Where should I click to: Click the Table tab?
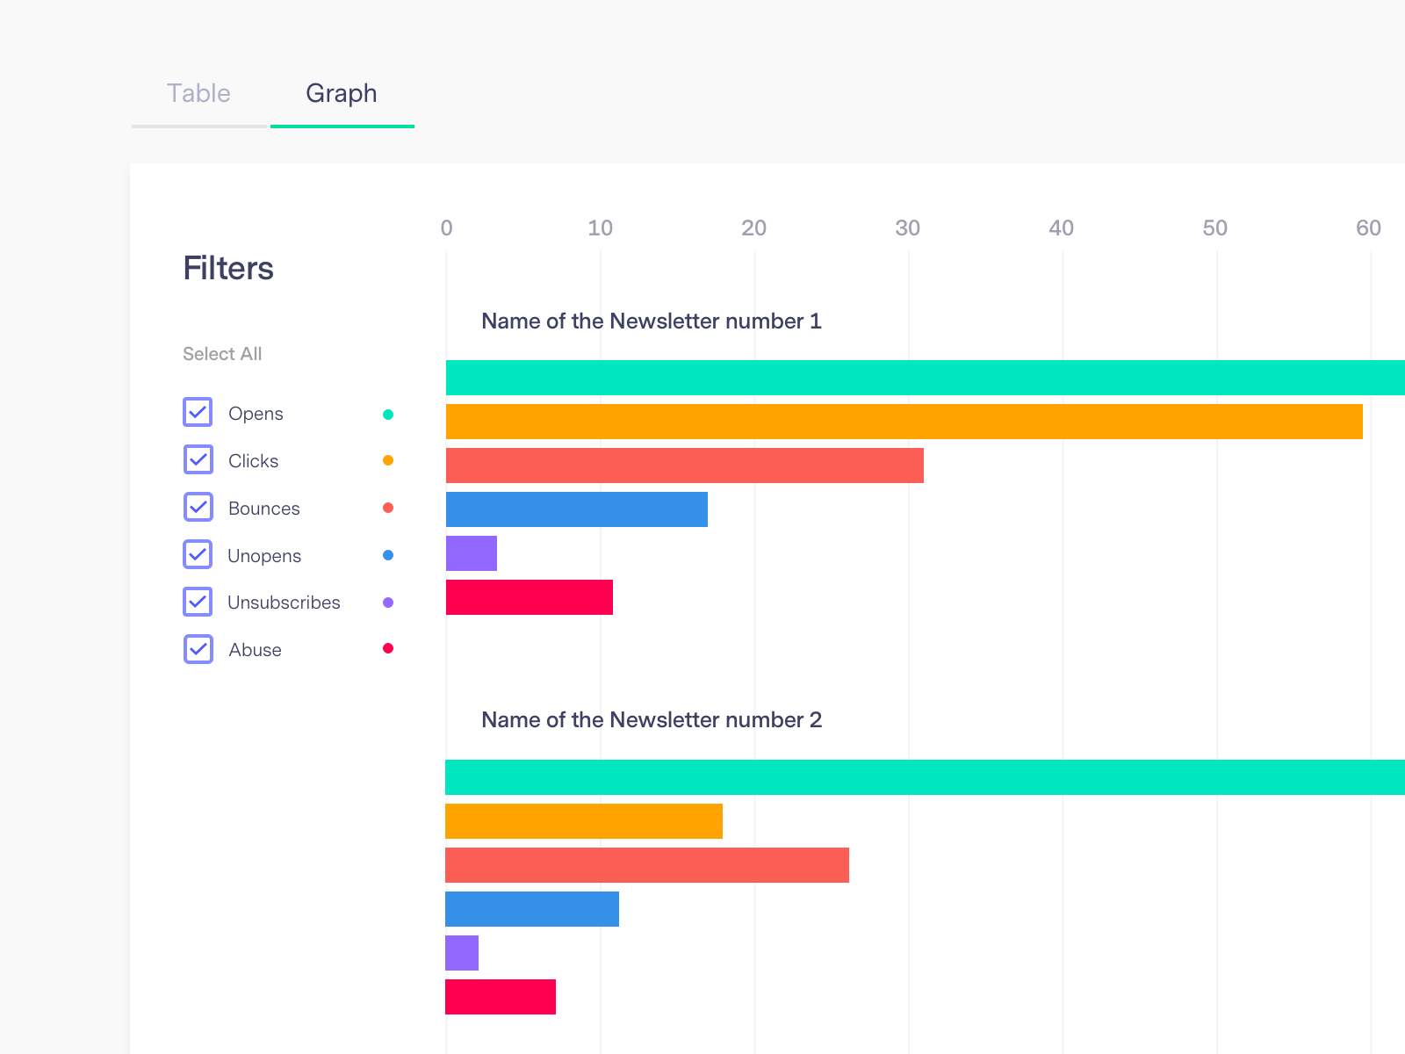pos(198,93)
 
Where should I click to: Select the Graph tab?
pos(342,93)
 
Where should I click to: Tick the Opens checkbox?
pos(198,412)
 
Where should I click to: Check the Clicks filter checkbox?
pos(198,459)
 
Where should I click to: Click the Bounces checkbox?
pos(198,507)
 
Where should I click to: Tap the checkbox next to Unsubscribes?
pos(198,602)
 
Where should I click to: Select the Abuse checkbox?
pos(198,649)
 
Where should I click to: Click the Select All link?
pos(222,354)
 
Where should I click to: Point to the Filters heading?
pos(228,268)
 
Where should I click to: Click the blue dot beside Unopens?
pos(388,555)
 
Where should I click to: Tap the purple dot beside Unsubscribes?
pos(388,603)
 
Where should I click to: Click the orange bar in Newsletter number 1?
pos(904,422)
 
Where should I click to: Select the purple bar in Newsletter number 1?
pos(472,553)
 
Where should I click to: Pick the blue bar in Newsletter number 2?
pos(532,909)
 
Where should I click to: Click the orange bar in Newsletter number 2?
pos(584,821)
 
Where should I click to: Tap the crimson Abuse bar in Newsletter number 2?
pos(501,997)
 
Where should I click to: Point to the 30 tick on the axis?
pos(907,228)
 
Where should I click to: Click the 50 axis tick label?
pos(1214,228)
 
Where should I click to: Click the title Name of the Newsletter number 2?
pos(652,720)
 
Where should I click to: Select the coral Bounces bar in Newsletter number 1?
pos(685,466)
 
